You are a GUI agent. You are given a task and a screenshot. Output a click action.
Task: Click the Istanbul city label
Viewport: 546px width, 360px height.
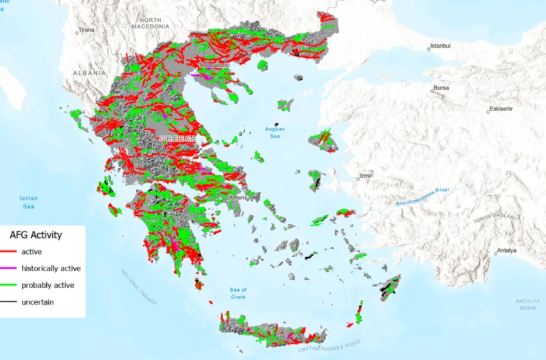(441, 46)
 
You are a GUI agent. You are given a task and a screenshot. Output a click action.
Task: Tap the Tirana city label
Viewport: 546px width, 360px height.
(85, 30)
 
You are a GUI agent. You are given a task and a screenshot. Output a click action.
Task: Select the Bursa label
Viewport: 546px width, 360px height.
(441, 87)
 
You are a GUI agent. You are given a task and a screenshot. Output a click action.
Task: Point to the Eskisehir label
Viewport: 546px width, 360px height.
(502, 109)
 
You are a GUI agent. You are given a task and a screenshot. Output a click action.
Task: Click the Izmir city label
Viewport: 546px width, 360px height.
(365, 175)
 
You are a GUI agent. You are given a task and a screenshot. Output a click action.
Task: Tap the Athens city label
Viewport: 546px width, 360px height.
(238, 197)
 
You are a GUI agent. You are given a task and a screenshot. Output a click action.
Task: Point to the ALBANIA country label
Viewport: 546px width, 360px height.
(89, 73)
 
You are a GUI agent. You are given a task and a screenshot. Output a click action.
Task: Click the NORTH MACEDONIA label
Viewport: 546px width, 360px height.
(150, 23)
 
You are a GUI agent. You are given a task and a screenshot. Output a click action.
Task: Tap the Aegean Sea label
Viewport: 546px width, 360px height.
(275, 132)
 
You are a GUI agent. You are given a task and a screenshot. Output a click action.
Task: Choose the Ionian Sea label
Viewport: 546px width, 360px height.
(28, 203)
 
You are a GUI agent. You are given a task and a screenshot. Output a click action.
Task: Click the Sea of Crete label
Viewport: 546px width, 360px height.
(238, 293)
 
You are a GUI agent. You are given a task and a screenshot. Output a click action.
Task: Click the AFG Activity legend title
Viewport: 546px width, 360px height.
(36, 235)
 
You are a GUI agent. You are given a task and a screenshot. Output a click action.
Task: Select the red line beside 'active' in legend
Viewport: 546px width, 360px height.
(11, 251)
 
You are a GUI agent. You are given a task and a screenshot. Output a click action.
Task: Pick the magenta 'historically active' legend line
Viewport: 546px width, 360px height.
(11, 268)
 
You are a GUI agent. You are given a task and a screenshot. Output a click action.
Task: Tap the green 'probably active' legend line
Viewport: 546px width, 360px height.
(11, 285)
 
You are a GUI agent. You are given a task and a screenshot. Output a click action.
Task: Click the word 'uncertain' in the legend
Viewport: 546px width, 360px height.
(37, 301)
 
